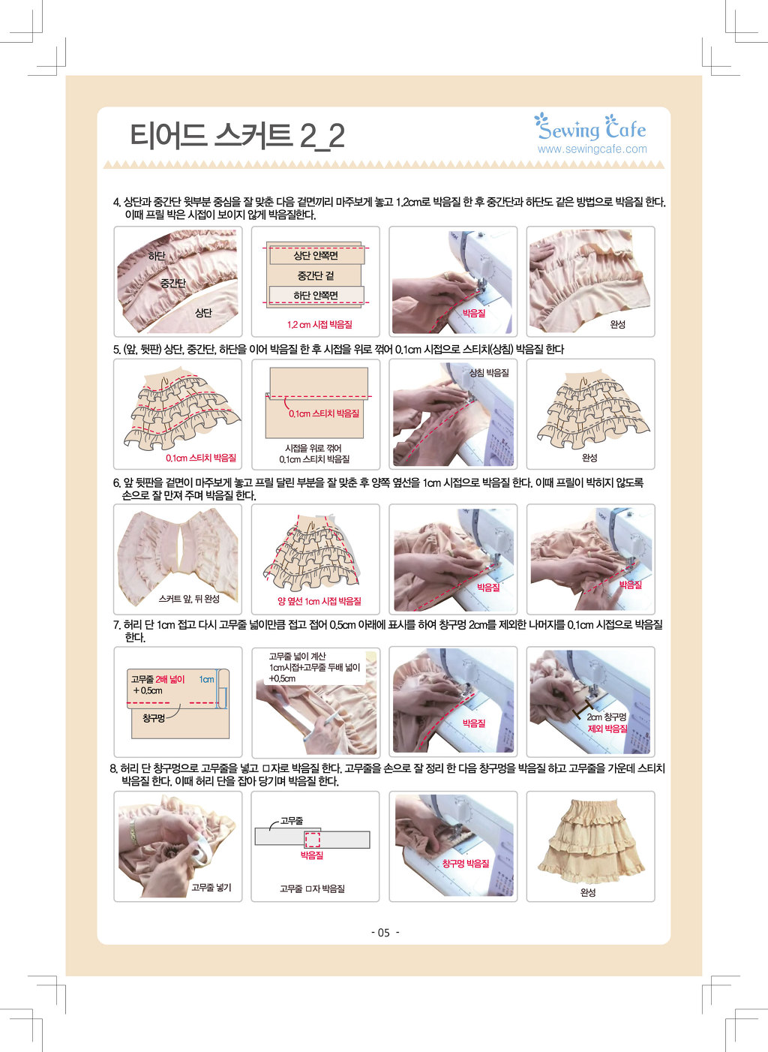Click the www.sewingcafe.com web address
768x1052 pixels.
coord(592,149)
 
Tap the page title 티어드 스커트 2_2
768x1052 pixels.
coord(237,136)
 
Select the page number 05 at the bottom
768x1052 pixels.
coord(384,933)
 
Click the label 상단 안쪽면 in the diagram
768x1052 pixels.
coord(316,255)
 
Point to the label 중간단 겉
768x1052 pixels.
coord(316,275)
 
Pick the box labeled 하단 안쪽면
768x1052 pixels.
coord(316,296)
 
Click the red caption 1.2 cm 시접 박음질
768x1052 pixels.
coord(319,324)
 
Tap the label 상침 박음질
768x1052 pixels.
coord(489,373)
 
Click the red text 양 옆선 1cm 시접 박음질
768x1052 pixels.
coord(319,601)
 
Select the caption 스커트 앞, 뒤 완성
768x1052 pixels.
coord(189,599)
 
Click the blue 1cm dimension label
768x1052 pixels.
coord(206,680)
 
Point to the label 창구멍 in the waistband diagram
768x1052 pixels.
coord(154,719)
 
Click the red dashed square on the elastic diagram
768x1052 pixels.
coord(312,840)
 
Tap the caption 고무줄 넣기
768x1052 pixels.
coord(211,887)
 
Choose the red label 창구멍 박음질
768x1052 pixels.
coord(466,863)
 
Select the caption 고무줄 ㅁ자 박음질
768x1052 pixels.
coord(312,888)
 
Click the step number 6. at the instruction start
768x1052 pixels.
coord(116,482)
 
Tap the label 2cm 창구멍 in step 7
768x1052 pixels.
coord(606,717)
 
